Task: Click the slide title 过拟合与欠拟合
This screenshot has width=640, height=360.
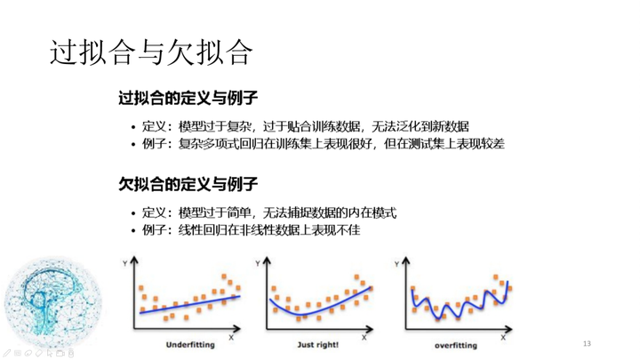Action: [151, 52]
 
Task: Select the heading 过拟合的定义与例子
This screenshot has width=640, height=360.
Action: [188, 98]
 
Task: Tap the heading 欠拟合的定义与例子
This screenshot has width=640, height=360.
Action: [188, 184]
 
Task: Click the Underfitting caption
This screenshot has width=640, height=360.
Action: [190, 345]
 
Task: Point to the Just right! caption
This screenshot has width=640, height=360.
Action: [318, 345]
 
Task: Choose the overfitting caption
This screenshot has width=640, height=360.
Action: [455, 345]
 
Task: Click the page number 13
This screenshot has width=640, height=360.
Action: [587, 344]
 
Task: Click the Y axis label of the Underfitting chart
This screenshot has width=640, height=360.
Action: [125, 263]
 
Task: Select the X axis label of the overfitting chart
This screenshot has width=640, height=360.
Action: [503, 338]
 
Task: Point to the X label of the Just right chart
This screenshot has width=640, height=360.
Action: [364, 338]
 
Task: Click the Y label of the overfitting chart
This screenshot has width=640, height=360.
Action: [396, 264]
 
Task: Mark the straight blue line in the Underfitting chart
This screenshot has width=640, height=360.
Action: [190, 305]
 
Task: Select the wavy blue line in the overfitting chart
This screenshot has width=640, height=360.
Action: [460, 303]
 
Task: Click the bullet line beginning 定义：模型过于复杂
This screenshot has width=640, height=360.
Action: [305, 126]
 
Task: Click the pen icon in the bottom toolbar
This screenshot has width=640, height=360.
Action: [7, 354]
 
